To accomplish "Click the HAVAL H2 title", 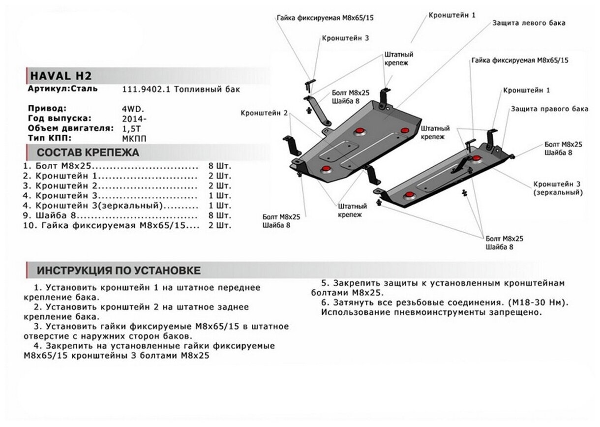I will (61, 76).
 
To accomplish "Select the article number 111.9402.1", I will (141, 90).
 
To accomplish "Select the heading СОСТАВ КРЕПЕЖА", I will (88, 152).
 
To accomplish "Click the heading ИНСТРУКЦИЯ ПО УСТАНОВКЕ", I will (119, 271).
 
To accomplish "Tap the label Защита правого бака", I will (549, 109).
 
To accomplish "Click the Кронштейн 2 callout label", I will (264, 113).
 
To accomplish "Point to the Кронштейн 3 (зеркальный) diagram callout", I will (558, 188).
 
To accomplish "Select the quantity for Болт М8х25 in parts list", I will (220, 166).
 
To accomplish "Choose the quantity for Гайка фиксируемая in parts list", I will (220, 226).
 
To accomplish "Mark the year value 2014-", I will (133, 119).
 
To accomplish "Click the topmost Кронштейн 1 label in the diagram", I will (452, 15).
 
